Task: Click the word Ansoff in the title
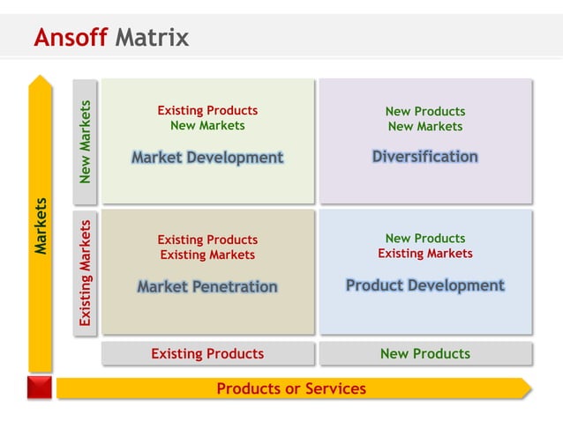(71, 38)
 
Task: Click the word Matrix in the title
(152, 38)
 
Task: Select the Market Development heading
(207, 158)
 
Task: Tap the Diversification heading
(424, 157)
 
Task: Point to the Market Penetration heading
(207, 287)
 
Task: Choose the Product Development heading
(424, 285)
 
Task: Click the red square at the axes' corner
(39, 388)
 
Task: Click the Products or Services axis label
(291, 388)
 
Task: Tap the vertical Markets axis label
(41, 226)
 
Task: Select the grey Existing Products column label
(207, 354)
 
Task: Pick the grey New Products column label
(424, 354)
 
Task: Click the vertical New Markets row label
(85, 142)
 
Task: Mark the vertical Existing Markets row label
(85, 273)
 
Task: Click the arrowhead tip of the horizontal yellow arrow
(527, 388)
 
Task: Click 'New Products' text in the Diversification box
(424, 111)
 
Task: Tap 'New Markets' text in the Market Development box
(207, 126)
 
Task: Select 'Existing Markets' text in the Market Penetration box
(207, 255)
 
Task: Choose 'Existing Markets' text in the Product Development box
(424, 254)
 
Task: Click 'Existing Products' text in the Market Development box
(207, 111)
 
